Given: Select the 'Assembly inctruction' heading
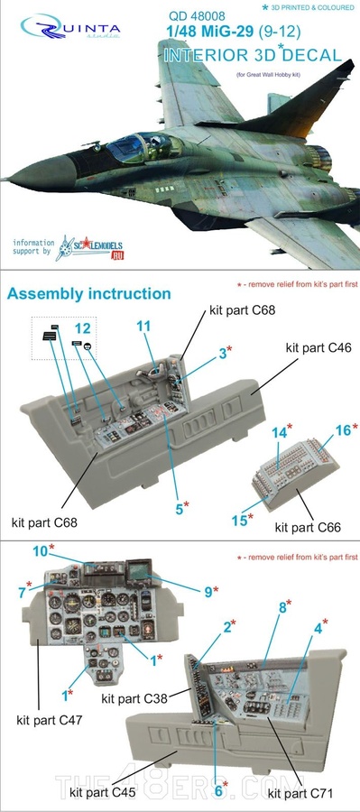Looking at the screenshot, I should (x=88, y=294).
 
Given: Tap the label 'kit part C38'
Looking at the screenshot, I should (x=133, y=698).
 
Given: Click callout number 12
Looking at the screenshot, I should (x=83, y=329).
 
